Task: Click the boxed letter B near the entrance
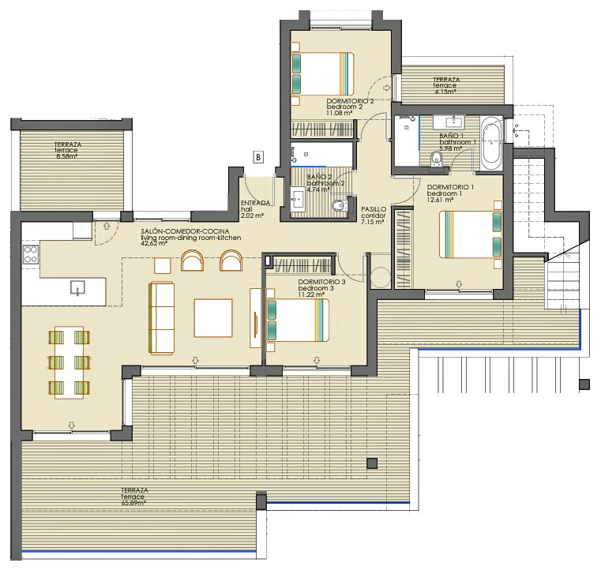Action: (x=257, y=157)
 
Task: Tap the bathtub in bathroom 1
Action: (x=491, y=143)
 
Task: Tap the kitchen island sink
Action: (x=77, y=287)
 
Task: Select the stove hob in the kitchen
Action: (x=31, y=254)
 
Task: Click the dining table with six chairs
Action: (x=69, y=362)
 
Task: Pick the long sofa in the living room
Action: (x=162, y=317)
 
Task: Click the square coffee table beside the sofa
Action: (x=212, y=318)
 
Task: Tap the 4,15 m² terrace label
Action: (x=447, y=92)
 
